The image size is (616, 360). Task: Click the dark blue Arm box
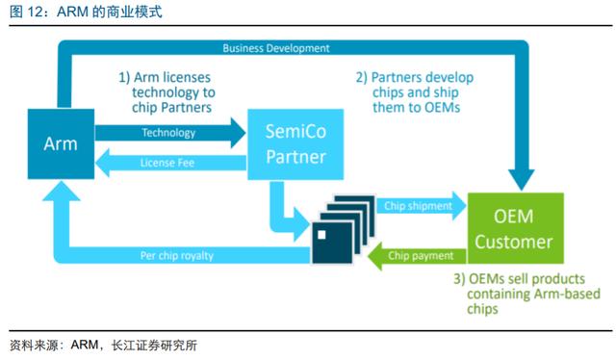61,143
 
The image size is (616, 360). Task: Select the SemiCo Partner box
295,144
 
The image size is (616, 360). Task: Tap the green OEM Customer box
516,228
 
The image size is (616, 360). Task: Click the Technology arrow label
168,133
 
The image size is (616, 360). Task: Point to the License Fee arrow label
167,163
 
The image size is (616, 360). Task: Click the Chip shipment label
418,206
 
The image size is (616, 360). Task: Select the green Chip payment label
421,256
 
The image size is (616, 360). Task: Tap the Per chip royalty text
177,256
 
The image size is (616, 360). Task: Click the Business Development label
276,48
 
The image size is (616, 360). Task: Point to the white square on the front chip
321,235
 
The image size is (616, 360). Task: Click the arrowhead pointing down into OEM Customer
522,180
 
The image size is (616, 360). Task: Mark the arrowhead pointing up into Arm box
61,191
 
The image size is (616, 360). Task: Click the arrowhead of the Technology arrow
238,133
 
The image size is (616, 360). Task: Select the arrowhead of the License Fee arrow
103,163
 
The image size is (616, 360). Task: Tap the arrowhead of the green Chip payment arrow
374,256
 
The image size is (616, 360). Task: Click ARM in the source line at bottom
85,345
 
